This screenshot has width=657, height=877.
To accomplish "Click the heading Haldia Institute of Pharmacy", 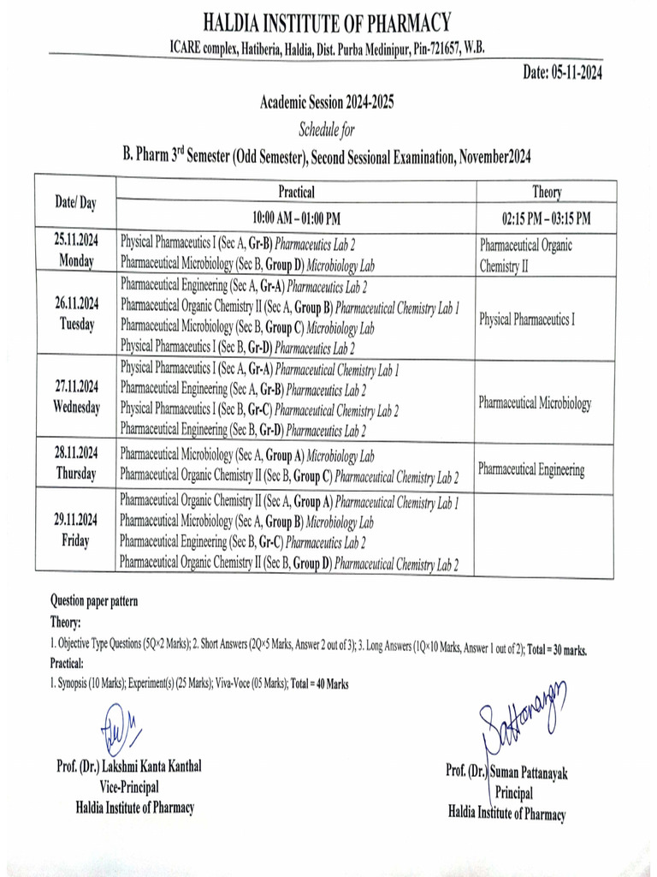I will [x=328, y=21].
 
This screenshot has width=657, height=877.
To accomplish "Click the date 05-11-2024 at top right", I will [x=562, y=74].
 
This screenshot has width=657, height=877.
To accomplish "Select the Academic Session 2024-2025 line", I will [x=328, y=104].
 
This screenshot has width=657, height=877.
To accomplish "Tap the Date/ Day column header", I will [x=75, y=202].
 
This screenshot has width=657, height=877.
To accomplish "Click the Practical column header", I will [x=296, y=192].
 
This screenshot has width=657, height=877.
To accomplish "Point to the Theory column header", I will [x=547, y=193].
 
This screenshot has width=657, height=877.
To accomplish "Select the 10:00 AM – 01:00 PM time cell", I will [x=296, y=217].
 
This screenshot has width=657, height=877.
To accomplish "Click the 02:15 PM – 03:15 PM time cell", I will [x=547, y=218].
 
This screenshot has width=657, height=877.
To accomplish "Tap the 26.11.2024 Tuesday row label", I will [x=75, y=314].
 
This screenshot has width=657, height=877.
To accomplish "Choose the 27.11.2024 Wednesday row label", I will [x=75, y=397].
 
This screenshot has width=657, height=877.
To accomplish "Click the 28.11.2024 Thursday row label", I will [x=75, y=465].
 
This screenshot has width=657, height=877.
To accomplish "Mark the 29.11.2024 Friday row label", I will [x=75, y=530].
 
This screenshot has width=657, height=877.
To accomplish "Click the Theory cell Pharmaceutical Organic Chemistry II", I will [x=526, y=255].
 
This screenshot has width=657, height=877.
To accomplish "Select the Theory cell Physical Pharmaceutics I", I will [x=527, y=319].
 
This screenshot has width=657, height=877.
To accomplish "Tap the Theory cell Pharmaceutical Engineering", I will [x=531, y=470].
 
